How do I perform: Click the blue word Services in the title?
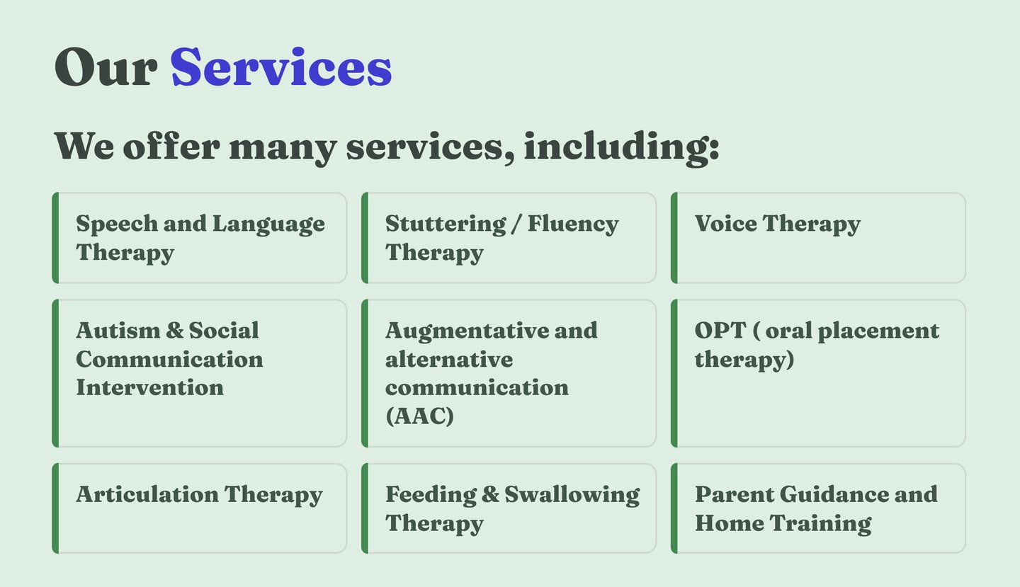281,67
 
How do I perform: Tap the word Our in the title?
106,67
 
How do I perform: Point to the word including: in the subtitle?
622,147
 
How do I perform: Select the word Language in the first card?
268,224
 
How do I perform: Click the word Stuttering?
446,224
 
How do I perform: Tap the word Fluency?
573,224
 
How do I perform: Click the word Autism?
117,331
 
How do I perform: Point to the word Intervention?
150,388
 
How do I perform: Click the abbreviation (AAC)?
419,416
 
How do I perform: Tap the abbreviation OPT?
720,331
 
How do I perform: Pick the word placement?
878,331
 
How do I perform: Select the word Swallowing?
572,496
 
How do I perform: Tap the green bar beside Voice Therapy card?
674,238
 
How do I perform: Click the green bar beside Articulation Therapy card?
55,508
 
